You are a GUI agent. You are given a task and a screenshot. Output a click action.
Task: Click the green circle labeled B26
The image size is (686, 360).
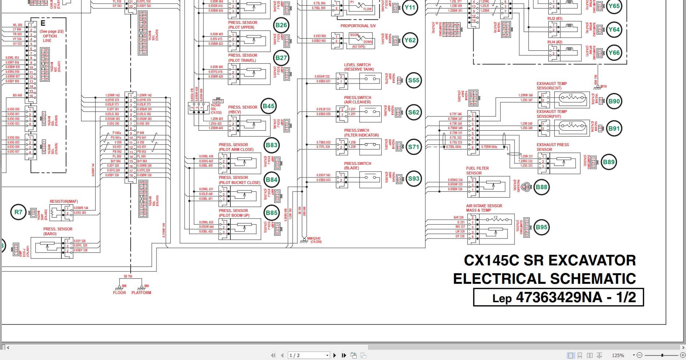tap(281, 25)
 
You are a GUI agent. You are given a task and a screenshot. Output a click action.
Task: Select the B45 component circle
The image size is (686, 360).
tap(268, 106)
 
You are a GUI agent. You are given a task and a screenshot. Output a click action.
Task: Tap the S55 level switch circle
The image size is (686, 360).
tap(413, 80)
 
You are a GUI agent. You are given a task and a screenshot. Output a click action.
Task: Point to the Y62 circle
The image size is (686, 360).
tap(410, 40)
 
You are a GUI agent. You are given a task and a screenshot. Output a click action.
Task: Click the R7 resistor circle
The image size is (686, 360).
tap(18, 212)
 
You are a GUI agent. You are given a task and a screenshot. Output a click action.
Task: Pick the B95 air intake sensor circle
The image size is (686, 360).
tap(541, 227)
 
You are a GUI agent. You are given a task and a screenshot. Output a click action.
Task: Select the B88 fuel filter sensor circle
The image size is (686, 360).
tap(541, 187)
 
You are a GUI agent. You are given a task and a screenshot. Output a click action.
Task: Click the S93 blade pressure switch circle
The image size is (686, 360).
tap(413, 179)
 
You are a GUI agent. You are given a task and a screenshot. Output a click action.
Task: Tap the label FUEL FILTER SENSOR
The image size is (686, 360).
tap(477, 170)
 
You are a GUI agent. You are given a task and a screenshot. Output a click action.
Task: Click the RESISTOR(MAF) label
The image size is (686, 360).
tap(64, 201)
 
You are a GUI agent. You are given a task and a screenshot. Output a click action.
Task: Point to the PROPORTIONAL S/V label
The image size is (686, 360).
tap(358, 26)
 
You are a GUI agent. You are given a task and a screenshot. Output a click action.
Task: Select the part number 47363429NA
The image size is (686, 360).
tap(559, 297)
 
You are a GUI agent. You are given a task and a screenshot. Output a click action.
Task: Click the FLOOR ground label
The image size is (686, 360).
tap(119, 293)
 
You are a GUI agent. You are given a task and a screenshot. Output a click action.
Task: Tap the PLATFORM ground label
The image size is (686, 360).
tap(141, 293)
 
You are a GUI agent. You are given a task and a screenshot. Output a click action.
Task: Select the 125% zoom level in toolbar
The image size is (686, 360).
tap(618, 355)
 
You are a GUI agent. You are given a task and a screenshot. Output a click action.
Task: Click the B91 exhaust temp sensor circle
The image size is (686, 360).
tap(613, 128)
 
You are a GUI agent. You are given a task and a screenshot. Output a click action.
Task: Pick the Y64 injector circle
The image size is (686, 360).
tap(613, 29)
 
